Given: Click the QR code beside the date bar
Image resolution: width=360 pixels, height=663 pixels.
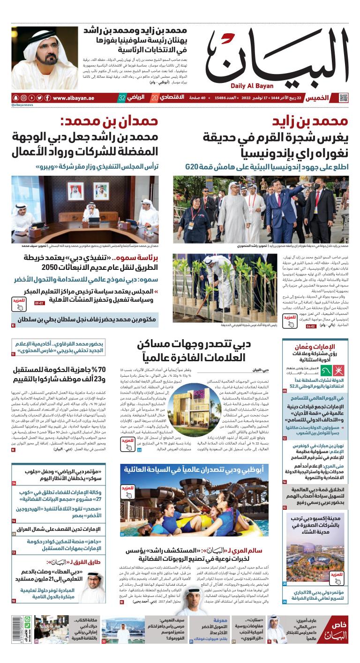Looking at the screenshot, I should click(344, 98).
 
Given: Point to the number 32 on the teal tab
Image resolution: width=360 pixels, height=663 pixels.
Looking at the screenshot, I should click(122, 98).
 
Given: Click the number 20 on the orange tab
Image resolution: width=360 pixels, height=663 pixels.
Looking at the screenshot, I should click(154, 98).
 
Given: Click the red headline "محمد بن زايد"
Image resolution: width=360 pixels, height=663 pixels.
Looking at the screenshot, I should click(311, 123).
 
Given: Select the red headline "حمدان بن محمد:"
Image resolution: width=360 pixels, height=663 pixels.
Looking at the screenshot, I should click(110, 123).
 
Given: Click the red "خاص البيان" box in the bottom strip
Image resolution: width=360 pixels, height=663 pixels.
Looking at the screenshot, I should click(336, 632).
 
